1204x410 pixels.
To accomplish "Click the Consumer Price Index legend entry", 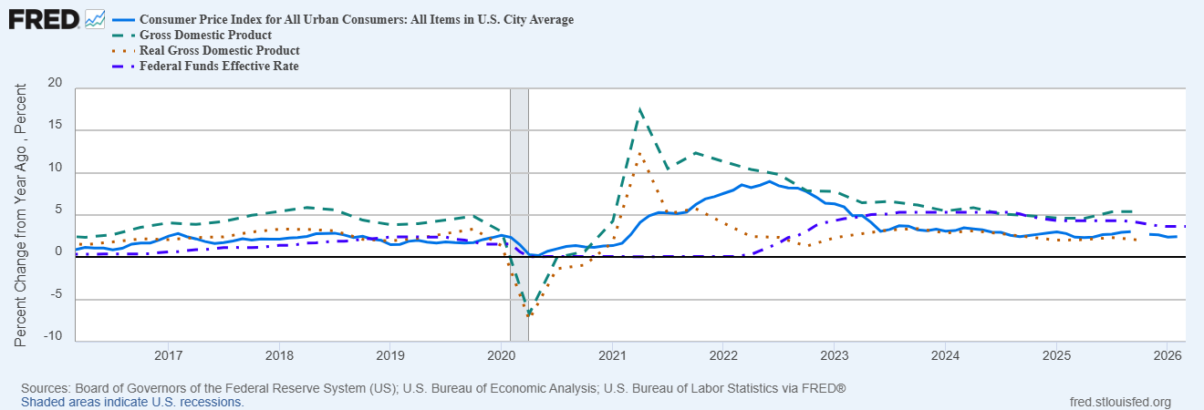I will (356, 19).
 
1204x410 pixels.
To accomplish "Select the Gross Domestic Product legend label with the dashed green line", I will (205, 35).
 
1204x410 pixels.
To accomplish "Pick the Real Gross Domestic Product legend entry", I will (219, 50).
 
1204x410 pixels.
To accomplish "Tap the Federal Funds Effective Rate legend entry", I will (219, 66).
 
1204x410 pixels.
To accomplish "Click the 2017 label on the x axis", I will (168, 354).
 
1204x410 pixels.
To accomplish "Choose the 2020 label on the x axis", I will (501, 354).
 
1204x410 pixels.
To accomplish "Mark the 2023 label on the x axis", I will (834, 354).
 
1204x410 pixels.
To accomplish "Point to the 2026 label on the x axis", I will (1167, 354).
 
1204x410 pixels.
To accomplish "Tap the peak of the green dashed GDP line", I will (640, 108).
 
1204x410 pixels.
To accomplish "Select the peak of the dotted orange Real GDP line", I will (640, 152).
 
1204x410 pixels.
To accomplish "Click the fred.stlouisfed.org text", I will (1119, 401).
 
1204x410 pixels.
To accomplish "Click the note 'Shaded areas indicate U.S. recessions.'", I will (132, 401).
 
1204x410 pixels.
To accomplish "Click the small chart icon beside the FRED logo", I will (94, 18).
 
